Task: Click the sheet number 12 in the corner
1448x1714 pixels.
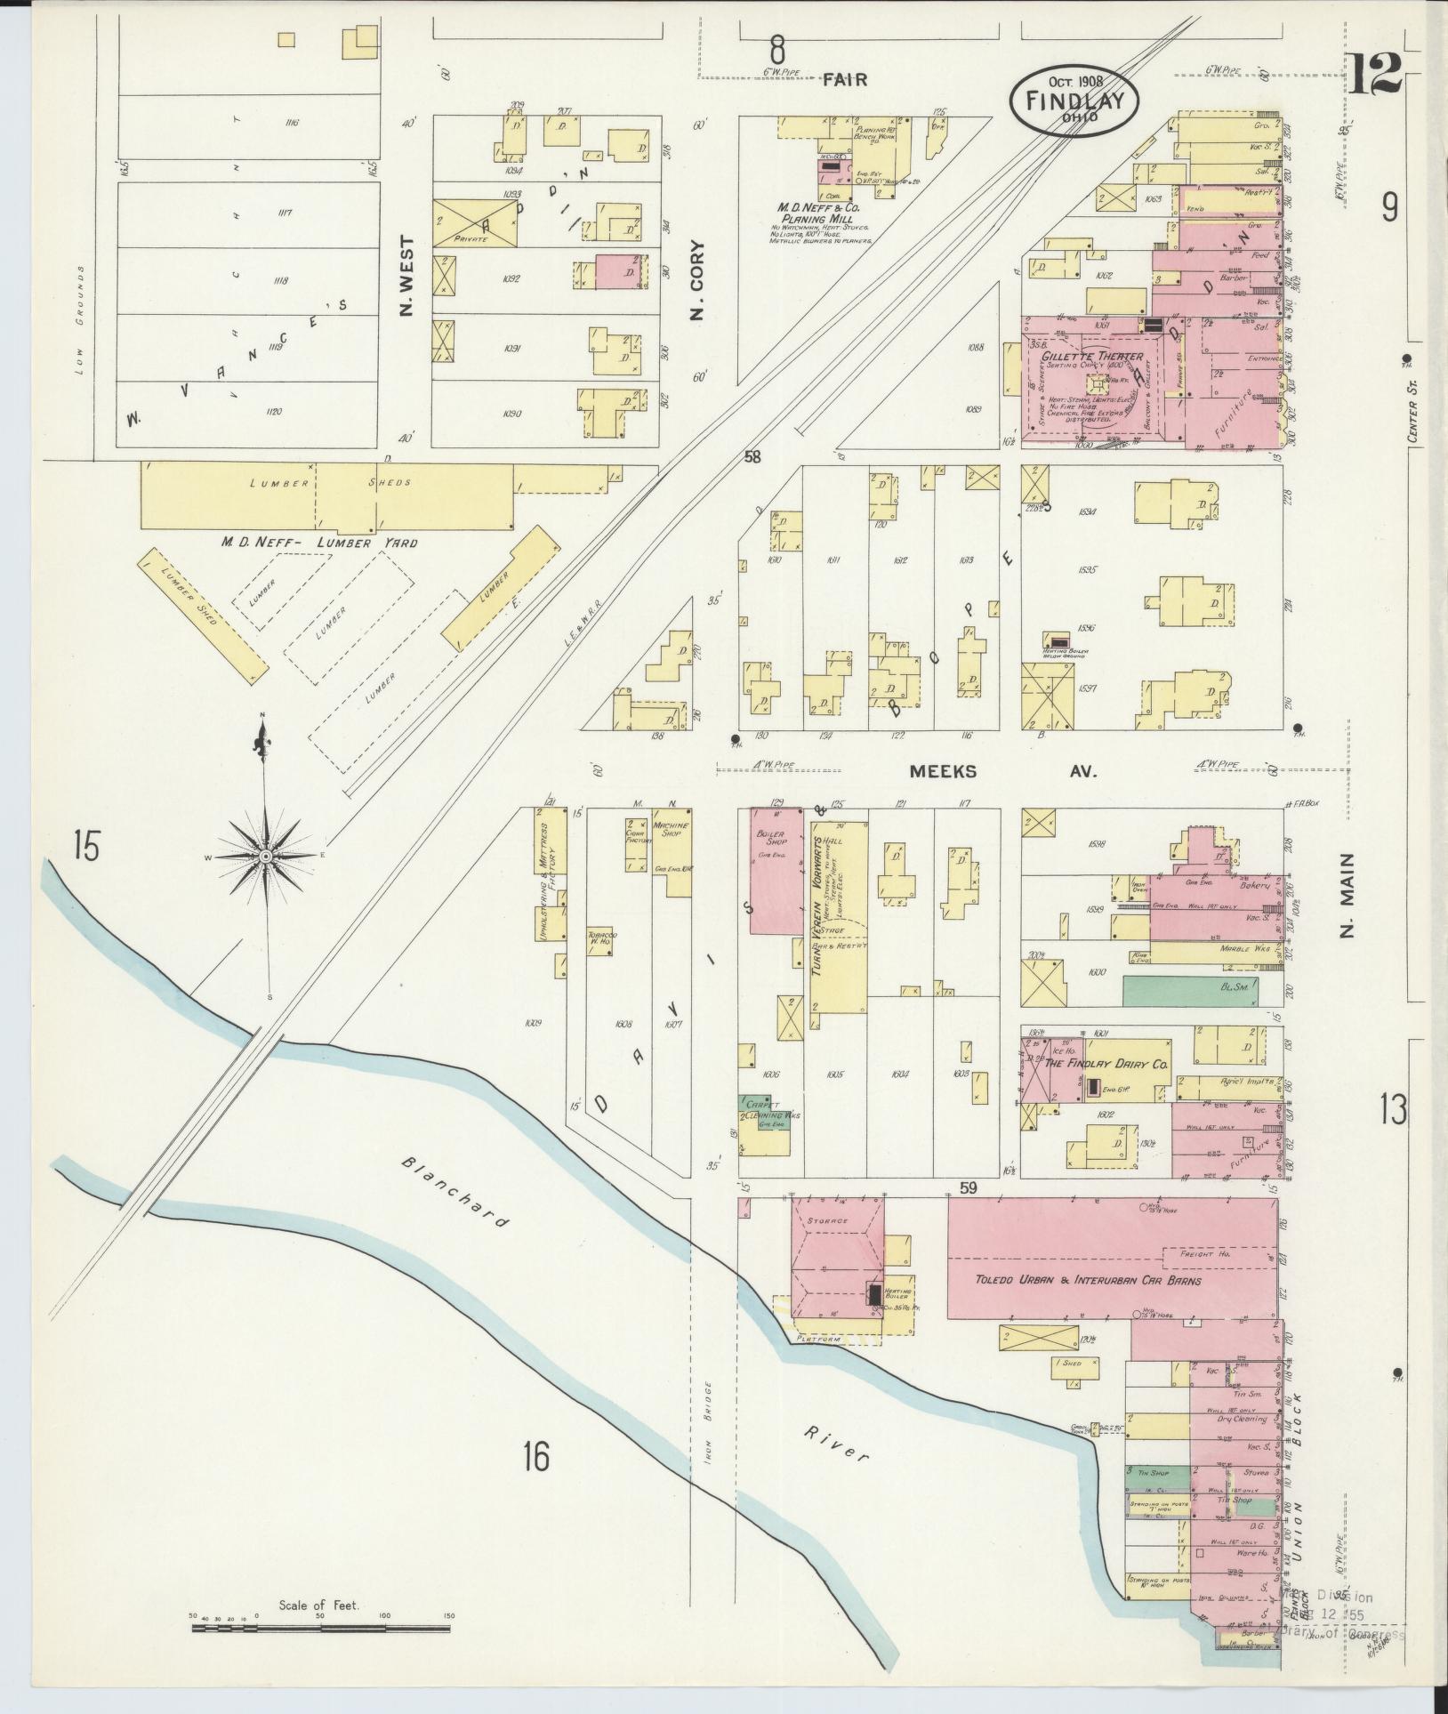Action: (x=1374, y=73)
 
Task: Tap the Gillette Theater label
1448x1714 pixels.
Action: (x=1091, y=356)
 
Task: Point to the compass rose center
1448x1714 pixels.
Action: (x=265, y=856)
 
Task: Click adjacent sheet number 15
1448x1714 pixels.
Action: (x=86, y=846)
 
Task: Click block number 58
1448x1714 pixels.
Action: (x=753, y=457)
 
